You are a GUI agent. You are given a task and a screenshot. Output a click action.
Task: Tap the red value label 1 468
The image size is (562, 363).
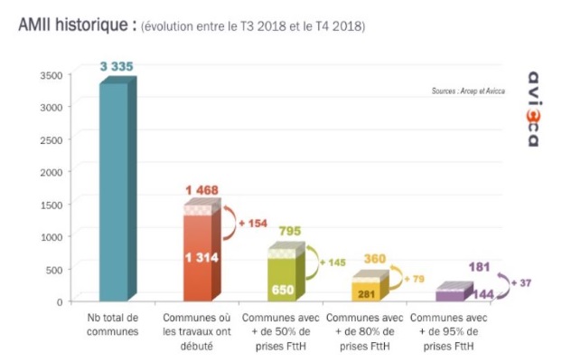click(202, 189)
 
